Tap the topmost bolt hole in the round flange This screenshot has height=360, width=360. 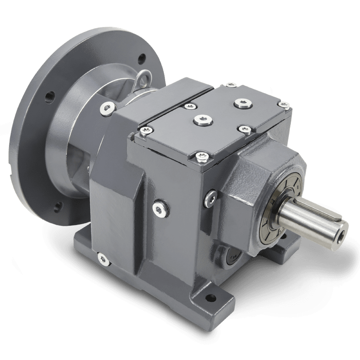coord(143,58)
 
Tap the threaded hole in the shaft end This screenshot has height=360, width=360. coord(344,229)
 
